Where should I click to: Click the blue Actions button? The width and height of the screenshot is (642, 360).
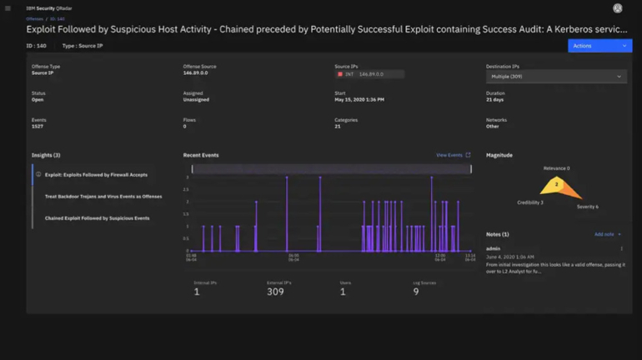[x=599, y=46]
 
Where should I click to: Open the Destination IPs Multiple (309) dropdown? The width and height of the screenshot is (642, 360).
[x=555, y=76]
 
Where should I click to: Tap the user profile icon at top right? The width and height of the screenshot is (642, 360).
[x=617, y=8]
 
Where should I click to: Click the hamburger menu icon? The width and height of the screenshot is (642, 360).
[x=8, y=7]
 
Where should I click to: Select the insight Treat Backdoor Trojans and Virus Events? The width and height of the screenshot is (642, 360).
[x=103, y=197]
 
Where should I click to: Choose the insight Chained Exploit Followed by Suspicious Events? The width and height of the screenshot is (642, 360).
[x=97, y=217]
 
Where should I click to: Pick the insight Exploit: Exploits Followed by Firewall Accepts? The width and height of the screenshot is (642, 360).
[x=96, y=175]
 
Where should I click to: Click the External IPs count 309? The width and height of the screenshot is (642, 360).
[x=275, y=292]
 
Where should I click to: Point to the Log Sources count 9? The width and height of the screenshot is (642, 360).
[x=416, y=292]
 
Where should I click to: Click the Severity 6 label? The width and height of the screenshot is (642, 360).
[x=587, y=207]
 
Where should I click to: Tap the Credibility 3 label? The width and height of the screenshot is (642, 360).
[x=529, y=202]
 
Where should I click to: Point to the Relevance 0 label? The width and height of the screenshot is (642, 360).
[x=556, y=168]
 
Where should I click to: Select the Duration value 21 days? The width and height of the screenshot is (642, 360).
[x=495, y=99]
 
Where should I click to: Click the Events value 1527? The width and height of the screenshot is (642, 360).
[x=38, y=126]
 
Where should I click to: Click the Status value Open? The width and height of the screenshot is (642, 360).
[x=38, y=99]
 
